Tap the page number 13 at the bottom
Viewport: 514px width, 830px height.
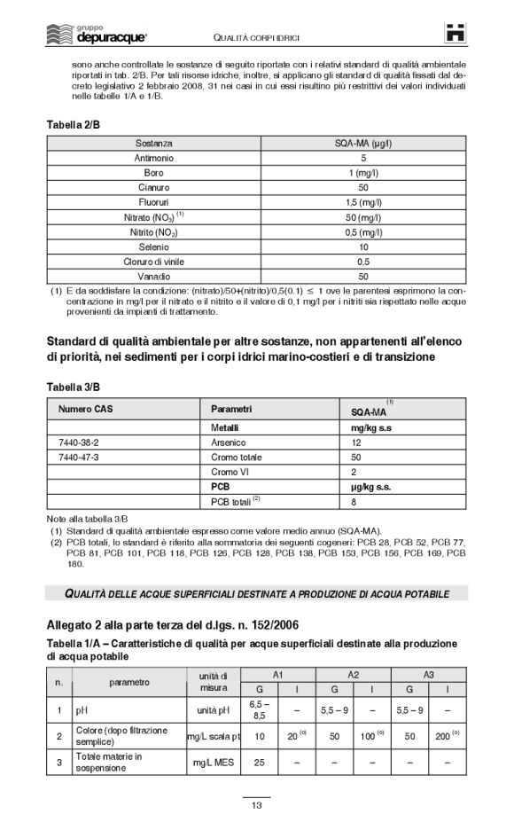(256, 805)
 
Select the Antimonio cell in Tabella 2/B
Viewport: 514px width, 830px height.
(154, 158)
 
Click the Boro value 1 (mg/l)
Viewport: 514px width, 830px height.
(363, 173)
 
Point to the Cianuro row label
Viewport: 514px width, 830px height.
(154, 188)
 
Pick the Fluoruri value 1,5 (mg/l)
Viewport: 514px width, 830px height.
(363, 203)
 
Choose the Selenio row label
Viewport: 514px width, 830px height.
(154, 247)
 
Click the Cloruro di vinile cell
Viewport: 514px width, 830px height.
(154, 262)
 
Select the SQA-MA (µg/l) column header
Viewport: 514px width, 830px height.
(363, 143)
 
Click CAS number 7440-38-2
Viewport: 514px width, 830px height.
(78, 441)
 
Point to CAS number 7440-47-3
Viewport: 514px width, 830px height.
(78, 456)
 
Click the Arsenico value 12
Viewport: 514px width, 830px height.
(356, 441)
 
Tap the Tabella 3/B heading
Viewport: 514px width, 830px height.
(73, 387)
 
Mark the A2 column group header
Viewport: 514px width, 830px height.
(353, 675)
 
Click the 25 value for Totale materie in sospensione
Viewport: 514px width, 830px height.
(260, 762)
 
